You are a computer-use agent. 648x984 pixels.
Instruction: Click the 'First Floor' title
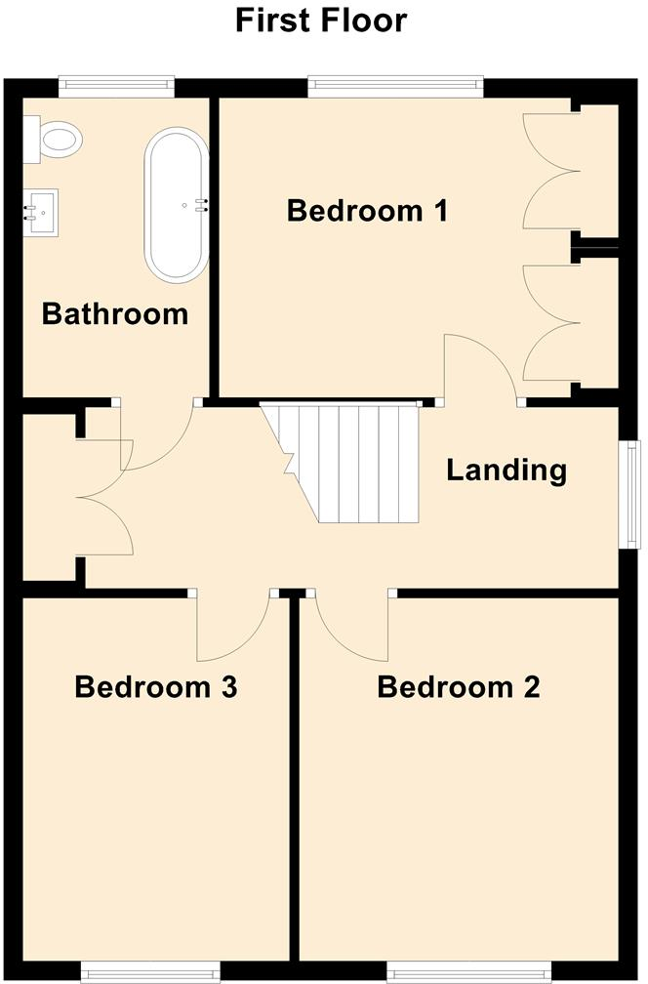(321, 20)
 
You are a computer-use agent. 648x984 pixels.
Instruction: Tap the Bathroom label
(114, 314)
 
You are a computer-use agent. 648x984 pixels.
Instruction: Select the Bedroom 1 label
(367, 210)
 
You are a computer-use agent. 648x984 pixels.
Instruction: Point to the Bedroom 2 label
(458, 687)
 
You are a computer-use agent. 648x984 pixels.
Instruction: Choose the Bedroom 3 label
(156, 687)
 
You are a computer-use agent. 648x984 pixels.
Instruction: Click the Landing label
(506, 471)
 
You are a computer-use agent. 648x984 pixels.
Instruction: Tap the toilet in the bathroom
(55, 140)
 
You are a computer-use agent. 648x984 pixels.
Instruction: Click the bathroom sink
(42, 212)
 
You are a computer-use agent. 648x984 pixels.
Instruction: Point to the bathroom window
(115, 87)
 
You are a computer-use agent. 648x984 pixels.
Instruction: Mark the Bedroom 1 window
(395, 87)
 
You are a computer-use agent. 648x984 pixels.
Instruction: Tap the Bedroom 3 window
(150, 971)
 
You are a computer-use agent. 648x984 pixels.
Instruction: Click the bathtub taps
(203, 204)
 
